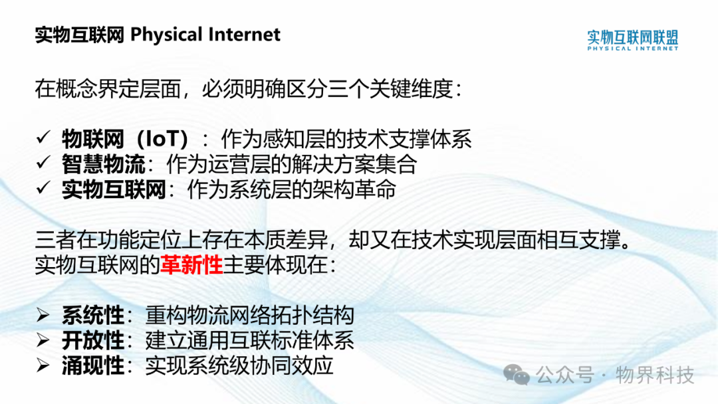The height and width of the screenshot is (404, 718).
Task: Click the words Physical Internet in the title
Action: point(205,35)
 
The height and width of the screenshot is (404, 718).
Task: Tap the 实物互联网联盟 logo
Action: point(632,40)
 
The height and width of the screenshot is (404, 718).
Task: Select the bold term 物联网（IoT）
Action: point(125,139)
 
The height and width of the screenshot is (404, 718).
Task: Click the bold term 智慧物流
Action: point(104,164)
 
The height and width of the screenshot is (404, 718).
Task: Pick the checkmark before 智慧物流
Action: point(43,162)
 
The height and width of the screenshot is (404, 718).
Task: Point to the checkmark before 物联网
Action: point(43,137)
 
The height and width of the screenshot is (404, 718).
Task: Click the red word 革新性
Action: point(191,265)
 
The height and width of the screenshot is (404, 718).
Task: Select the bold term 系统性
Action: point(93,315)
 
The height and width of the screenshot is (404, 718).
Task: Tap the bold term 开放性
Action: point(93,340)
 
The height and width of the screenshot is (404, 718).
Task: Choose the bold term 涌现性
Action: point(93,365)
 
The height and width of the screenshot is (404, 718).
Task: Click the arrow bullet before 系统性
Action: point(43,315)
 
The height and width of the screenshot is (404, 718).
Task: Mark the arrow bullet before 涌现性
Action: point(43,365)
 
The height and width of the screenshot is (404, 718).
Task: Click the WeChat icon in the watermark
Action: point(517,375)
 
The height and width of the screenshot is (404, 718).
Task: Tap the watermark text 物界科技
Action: point(655,375)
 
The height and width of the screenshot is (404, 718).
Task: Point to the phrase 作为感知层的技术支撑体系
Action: point(346,139)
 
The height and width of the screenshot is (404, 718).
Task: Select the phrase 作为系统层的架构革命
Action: point(292,189)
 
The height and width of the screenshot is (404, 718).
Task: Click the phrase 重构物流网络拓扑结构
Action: point(249,315)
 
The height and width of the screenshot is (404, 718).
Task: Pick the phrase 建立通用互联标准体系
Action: point(249,340)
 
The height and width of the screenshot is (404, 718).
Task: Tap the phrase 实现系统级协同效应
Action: point(239,365)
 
